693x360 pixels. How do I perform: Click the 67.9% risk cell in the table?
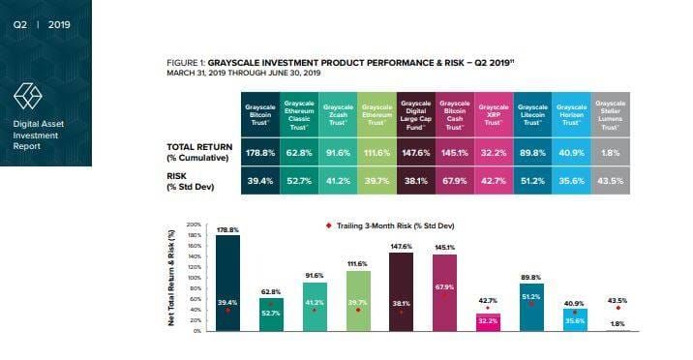point(454,180)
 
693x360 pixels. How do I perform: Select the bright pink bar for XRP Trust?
point(488,322)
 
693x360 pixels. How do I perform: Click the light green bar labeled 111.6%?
point(358,301)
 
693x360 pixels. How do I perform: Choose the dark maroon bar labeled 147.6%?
point(401,291)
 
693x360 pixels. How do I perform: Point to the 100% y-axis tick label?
point(194,279)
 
